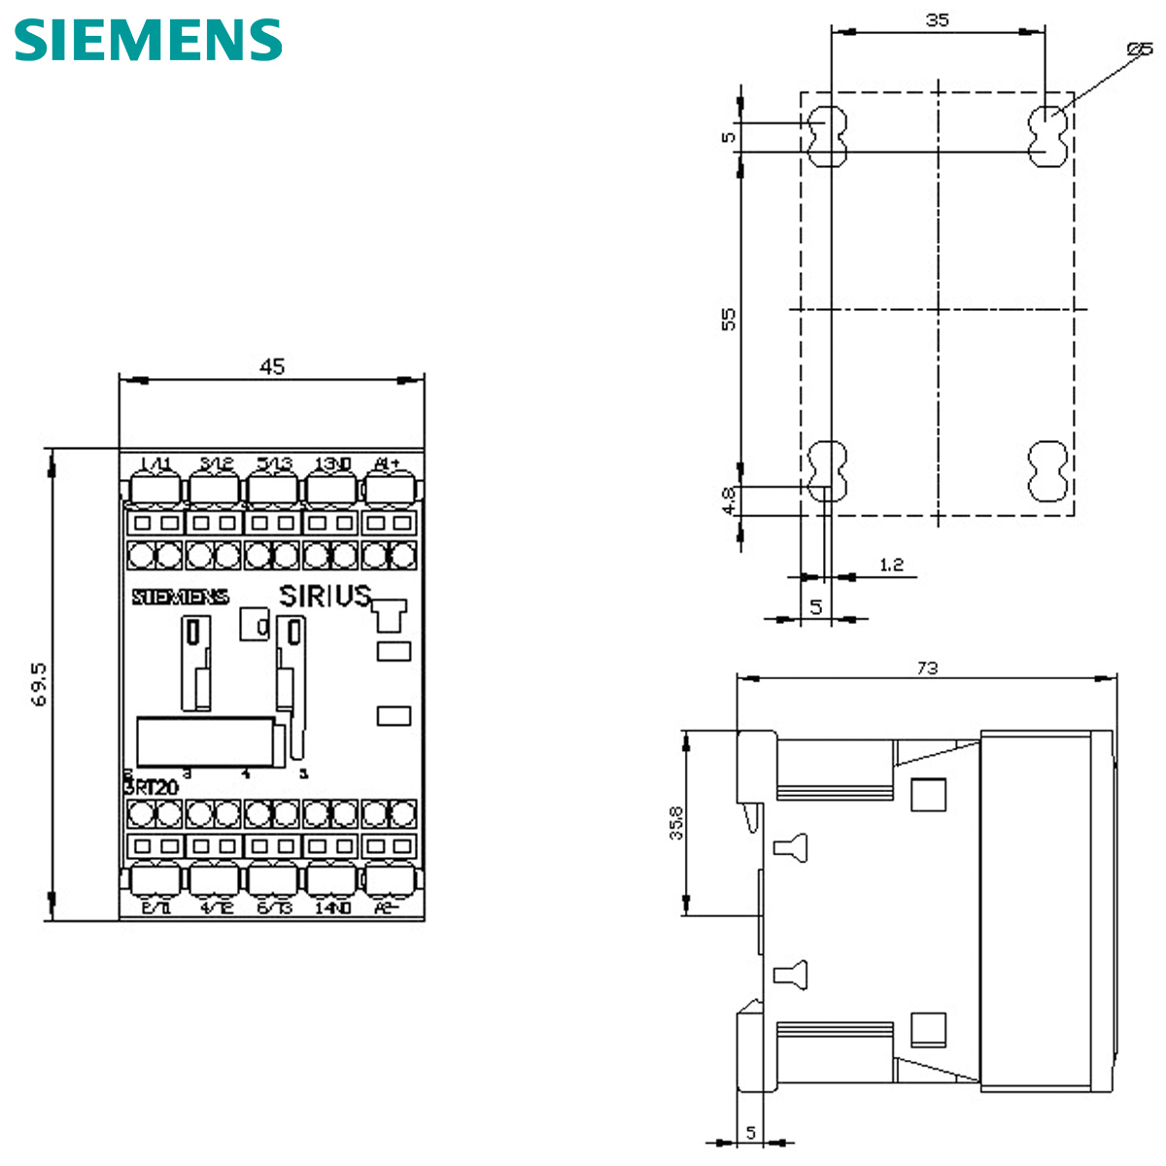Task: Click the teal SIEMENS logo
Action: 148,40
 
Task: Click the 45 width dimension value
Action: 272,366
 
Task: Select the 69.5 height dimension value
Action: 39,685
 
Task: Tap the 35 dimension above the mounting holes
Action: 937,19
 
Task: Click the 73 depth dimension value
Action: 927,668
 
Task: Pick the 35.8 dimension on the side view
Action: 676,822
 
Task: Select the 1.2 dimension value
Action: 891,565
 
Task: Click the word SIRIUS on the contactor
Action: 326,596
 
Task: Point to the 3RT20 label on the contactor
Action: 152,787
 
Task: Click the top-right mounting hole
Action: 1047,136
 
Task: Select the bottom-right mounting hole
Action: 1047,470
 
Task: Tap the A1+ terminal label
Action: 387,463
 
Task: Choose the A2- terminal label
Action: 387,908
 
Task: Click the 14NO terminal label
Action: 332,908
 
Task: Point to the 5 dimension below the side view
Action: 751,1132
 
